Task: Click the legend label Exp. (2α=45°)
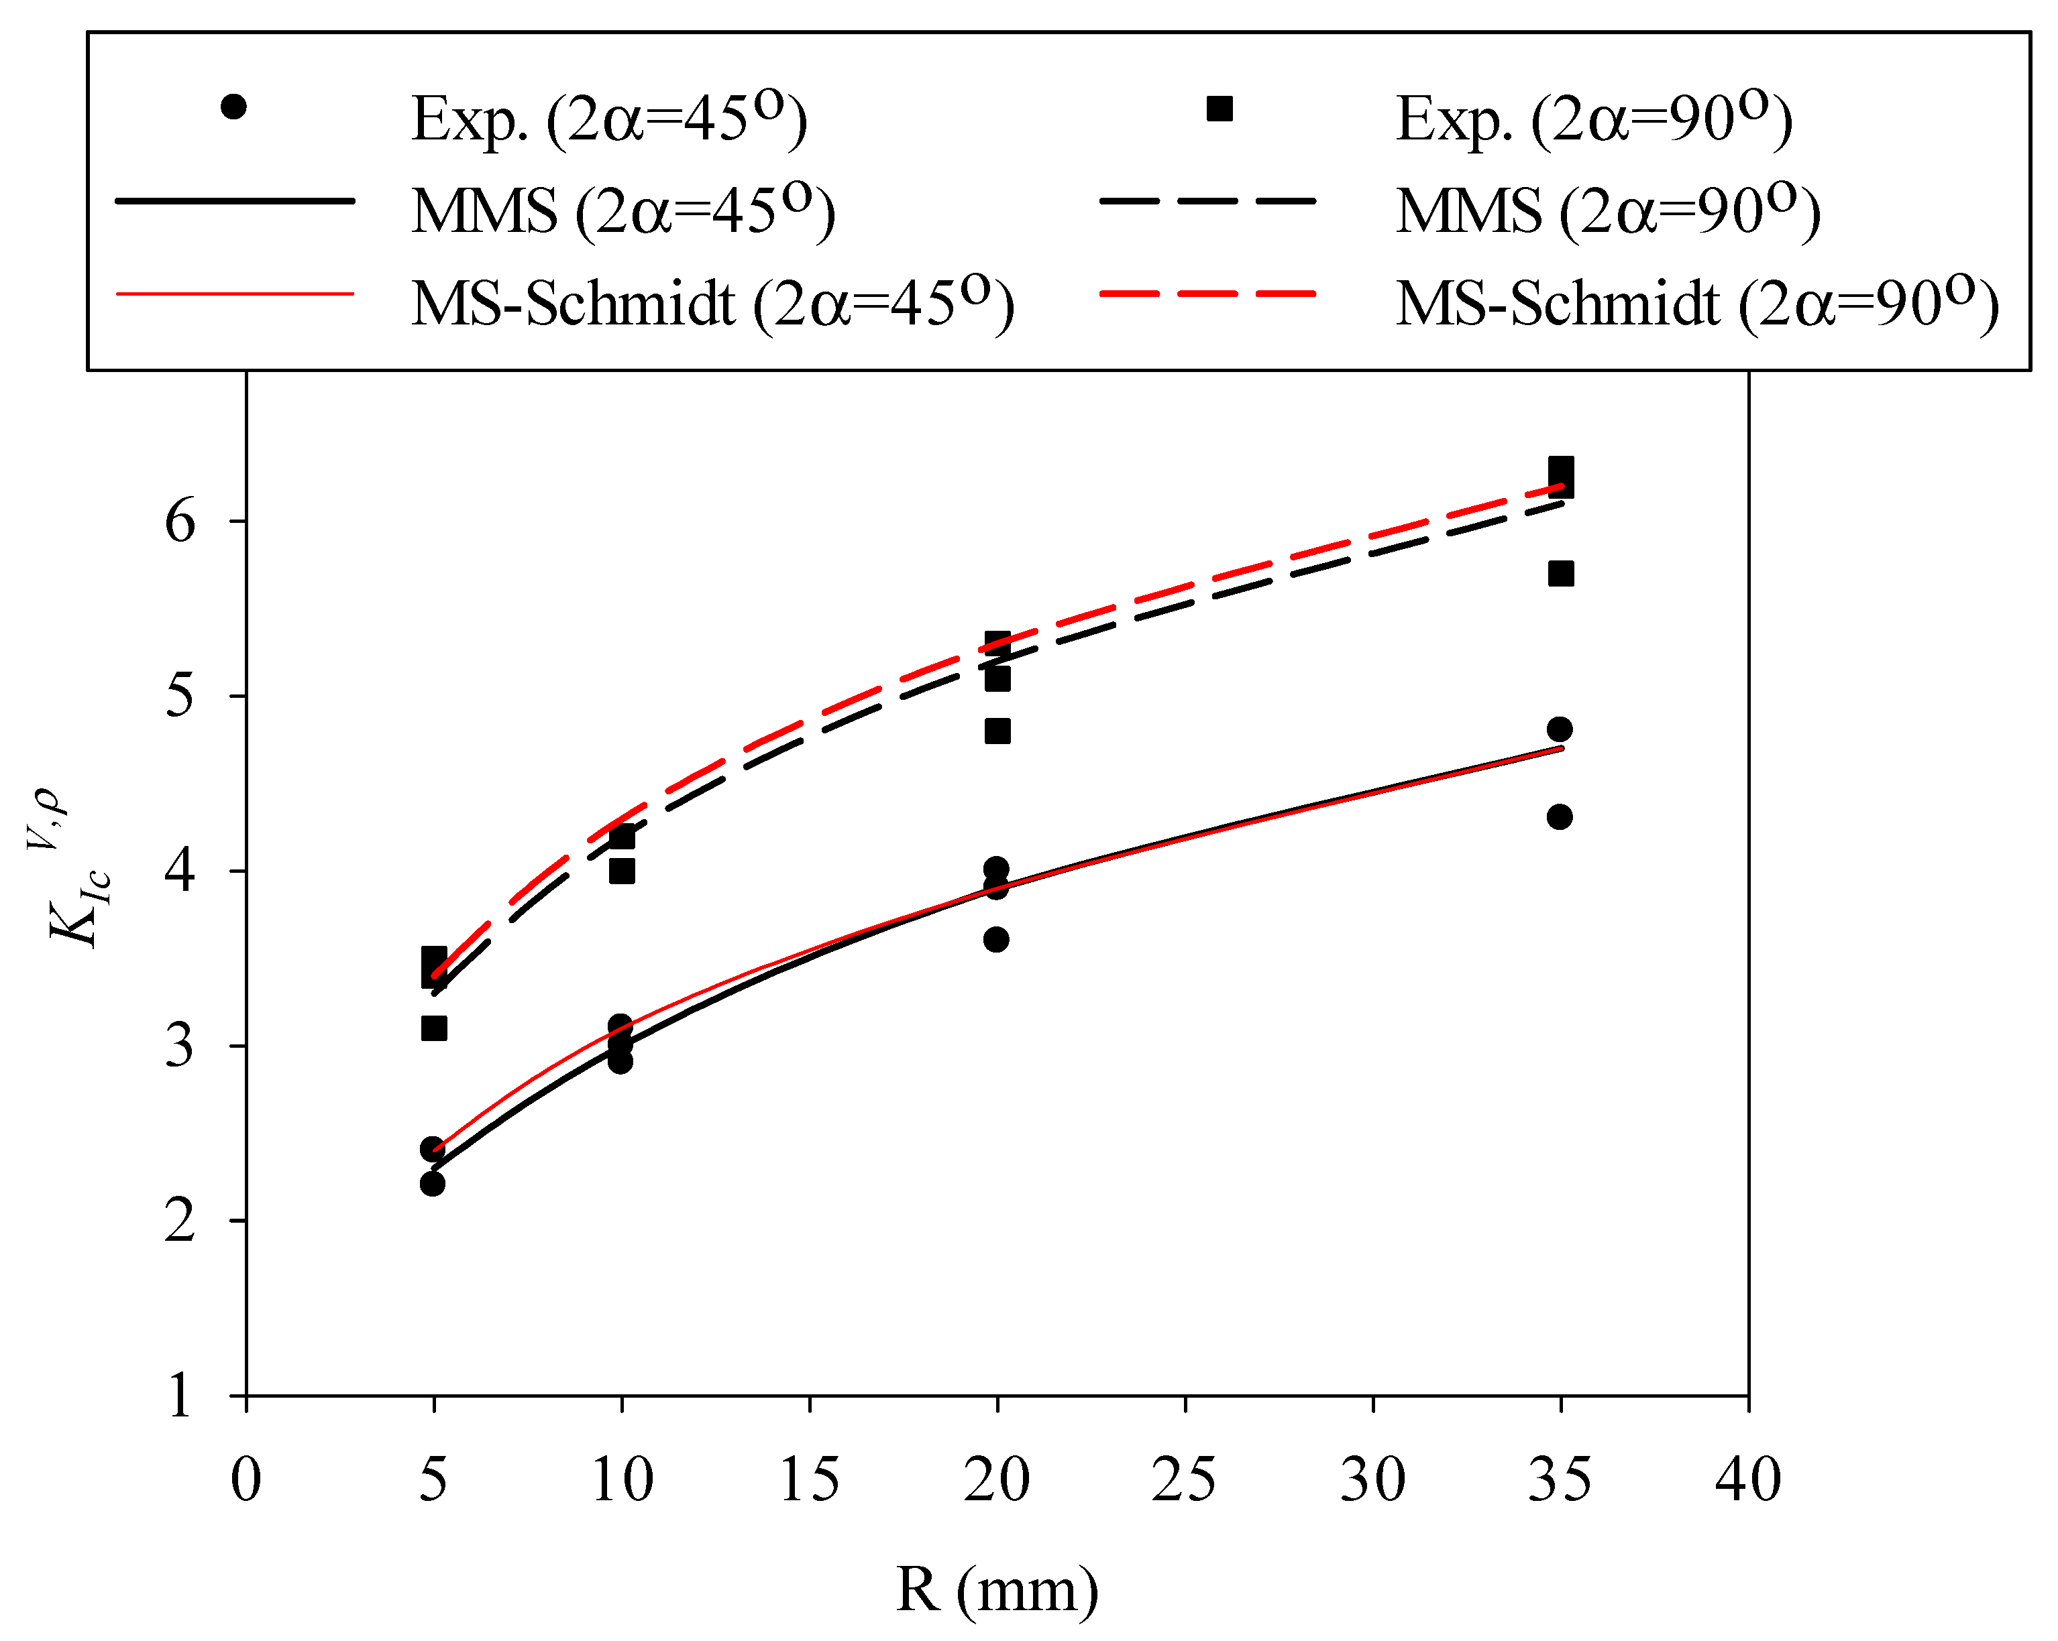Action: pos(609,119)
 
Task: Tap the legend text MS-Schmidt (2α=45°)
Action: pos(712,304)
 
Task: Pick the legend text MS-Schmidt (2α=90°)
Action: pos(1697,304)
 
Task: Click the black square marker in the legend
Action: pos(1219,109)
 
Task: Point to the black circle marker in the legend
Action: pos(233,107)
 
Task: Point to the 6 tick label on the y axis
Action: pos(180,522)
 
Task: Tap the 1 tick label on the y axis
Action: pos(180,1397)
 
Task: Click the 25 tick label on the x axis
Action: pos(1184,1481)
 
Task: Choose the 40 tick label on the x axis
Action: pos(1748,1481)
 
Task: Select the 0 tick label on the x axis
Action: pos(246,1481)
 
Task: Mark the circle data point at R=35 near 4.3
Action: pos(1560,816)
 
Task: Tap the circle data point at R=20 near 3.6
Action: pos(995,940)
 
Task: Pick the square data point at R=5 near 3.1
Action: pos(434,1028)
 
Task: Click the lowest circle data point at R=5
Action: pos(433,1184)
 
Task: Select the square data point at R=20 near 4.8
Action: pos(997,731)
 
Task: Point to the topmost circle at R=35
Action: pos(1560,729)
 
